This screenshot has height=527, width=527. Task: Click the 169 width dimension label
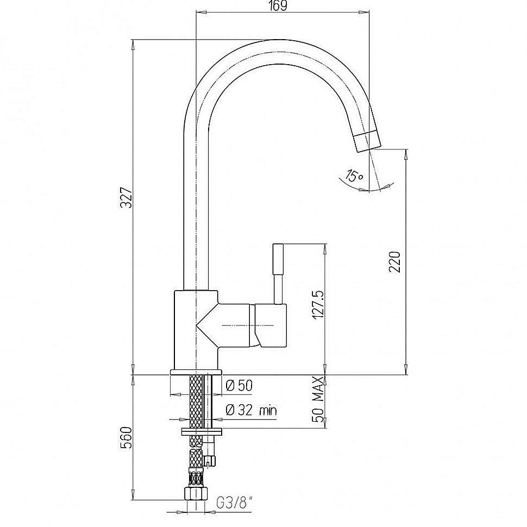click(x=279, y=6)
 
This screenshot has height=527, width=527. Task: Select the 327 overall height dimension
click(x=127, y=198)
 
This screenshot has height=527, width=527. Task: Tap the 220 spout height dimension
click(x=395, y=261)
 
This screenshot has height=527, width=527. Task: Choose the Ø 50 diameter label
click(x=239, y=386)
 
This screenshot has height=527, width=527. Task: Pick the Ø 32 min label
click(x=251, y=410)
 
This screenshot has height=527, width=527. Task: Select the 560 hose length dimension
click(x=127, y=437)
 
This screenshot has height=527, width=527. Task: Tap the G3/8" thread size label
click(x=234, y=503)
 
